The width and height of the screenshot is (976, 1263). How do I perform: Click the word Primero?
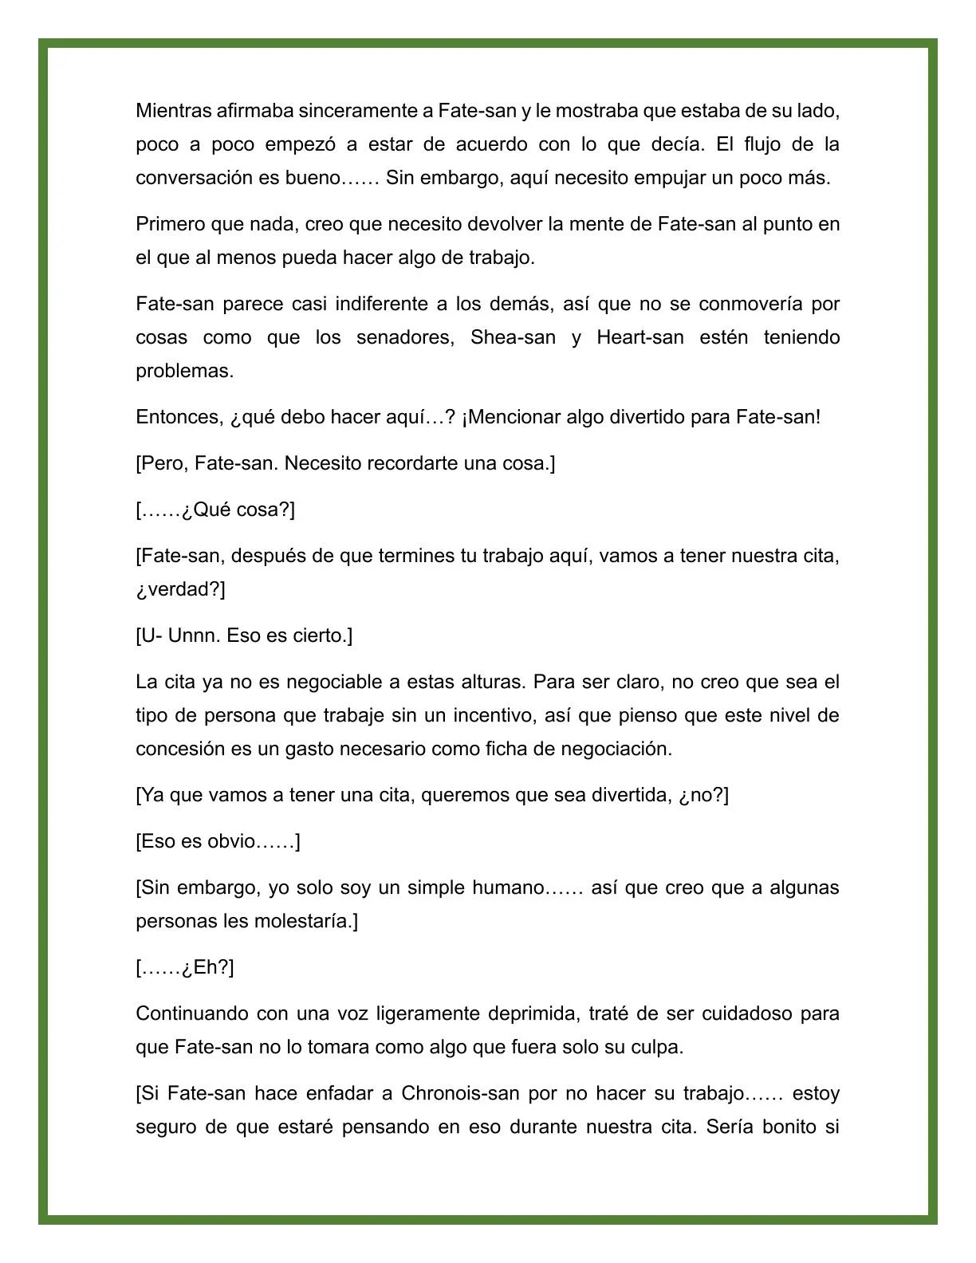(170, 224)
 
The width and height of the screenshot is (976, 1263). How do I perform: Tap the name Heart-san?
(640, 337)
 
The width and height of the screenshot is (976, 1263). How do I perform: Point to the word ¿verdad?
(180, 589)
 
